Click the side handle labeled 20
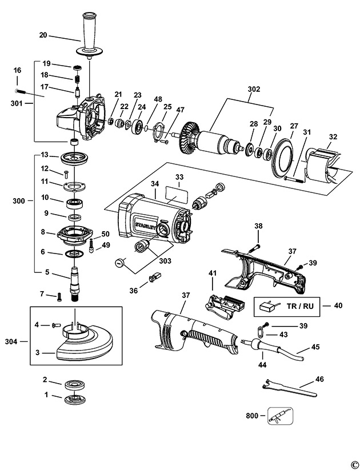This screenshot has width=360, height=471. (88, 35)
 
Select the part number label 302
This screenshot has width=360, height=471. (254, 89)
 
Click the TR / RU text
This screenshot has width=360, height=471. (300, 306)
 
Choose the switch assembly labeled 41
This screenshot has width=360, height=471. (225, 305)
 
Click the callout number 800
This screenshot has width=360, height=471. (252, 416)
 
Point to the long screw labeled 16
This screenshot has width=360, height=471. (24, 91)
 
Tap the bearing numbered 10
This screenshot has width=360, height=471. (74, 203)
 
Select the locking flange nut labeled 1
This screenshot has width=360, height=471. (73, 400)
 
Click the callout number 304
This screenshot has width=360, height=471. (11, 341)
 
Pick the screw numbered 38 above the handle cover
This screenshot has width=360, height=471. (254, 248)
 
